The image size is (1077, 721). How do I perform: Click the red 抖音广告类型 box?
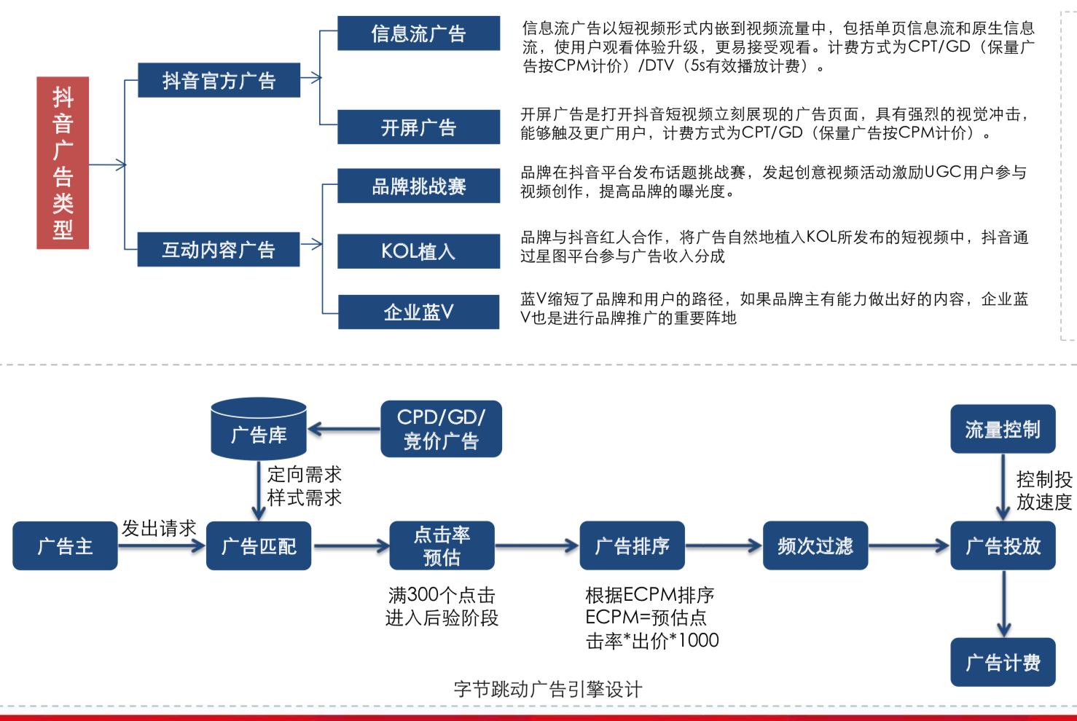tap(63, 163)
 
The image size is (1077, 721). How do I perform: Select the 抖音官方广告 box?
tap(219, 80)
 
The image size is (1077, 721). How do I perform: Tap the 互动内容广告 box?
tap(219, 249)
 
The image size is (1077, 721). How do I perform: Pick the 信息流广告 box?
tap(418, 34)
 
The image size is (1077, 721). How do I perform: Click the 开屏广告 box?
tap(418, 127)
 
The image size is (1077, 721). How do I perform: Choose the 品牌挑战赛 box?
tap(418, 186)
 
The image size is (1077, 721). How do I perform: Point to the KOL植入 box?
tap(418, 251)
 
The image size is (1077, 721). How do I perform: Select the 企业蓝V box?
tap(418, 312)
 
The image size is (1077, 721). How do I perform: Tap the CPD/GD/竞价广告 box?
tap(441, 429)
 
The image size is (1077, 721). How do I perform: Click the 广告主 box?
tap(65, 545)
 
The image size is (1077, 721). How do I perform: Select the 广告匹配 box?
tap(259, 545)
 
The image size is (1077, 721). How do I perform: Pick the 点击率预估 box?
tap(442, 545)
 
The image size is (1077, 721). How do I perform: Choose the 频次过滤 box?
tap(815, 545)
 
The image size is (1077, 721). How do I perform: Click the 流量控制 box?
tap(1003, 429)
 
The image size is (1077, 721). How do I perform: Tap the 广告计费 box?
tap(1003, 662)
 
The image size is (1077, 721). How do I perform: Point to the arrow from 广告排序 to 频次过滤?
tap(723, 545)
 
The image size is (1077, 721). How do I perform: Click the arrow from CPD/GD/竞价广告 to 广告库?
tap(343, 429)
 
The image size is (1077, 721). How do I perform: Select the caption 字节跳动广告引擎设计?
tap(548, 689)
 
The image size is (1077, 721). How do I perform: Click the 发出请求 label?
tap(159, 528)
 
